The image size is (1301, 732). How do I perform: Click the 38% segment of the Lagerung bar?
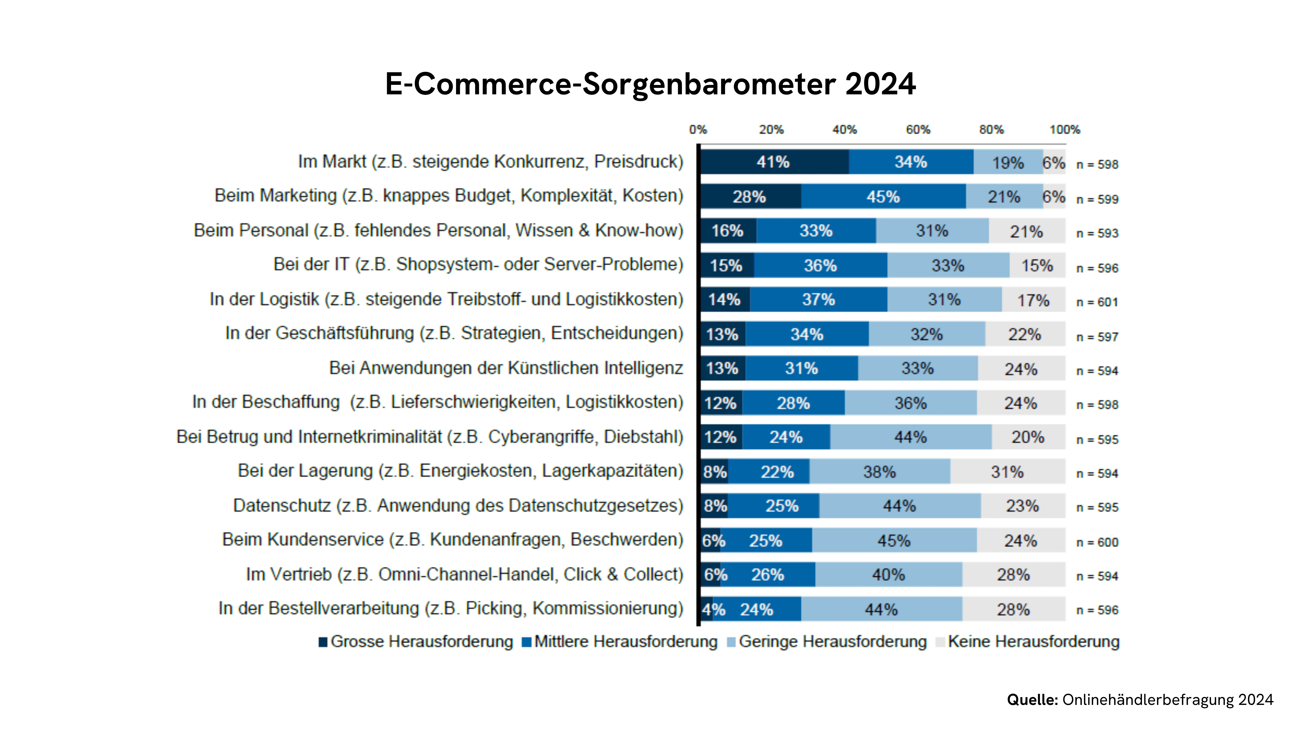(x=879, y=472)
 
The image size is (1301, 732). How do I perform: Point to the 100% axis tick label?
(x=1065, y=130)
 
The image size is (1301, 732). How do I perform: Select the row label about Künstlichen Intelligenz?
(x=506, y=368)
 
